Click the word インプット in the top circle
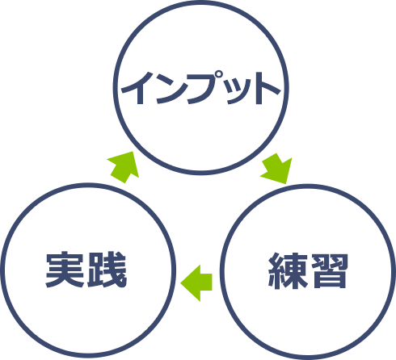(x=201, y=88)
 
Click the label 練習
(x=308, y=270)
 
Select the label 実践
(x=86, y=270)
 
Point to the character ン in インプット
(x=172, y=89)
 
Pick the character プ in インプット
(x=206, y=87)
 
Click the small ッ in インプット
(x=240, y=92)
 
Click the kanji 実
(x=65, y=270)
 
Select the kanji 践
(x=107, y=270)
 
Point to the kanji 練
(x=288, y=270)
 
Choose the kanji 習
(x=329, y=270)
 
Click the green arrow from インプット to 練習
(x=277, y=169)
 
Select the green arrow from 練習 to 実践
(x=196, y=283)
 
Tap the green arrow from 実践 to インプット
(x=124, y=167)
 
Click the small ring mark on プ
(x=220, y=74)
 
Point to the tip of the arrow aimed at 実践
(x=181, y=283)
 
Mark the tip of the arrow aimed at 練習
(x=286, y=183)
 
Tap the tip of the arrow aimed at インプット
(x=133, y=152)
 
